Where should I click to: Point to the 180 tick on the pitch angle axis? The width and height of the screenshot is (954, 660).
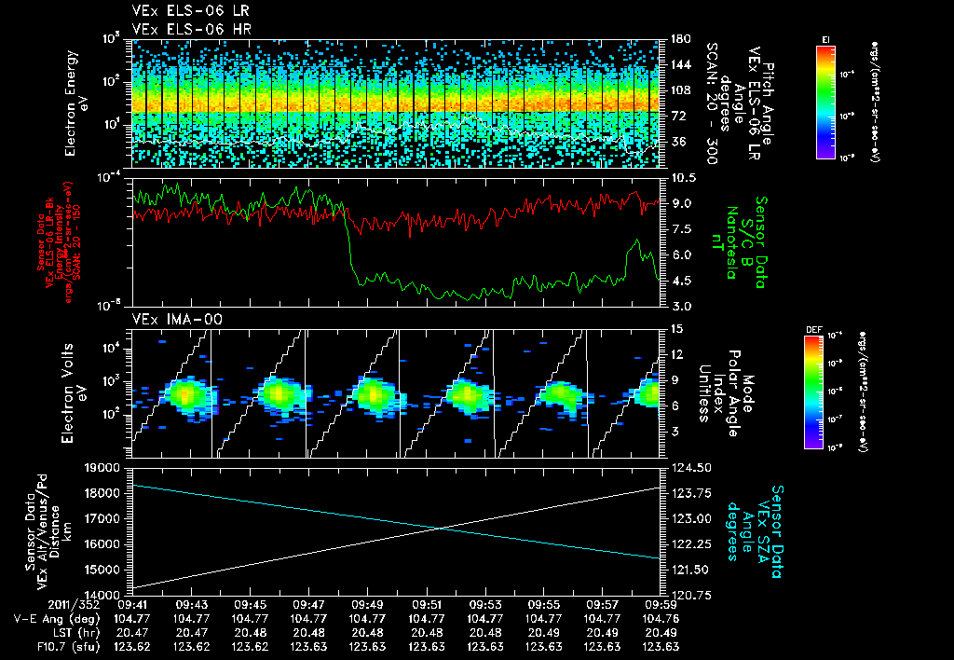tap(678, 38)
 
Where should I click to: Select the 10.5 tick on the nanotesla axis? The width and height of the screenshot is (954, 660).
tap(681, 177)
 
